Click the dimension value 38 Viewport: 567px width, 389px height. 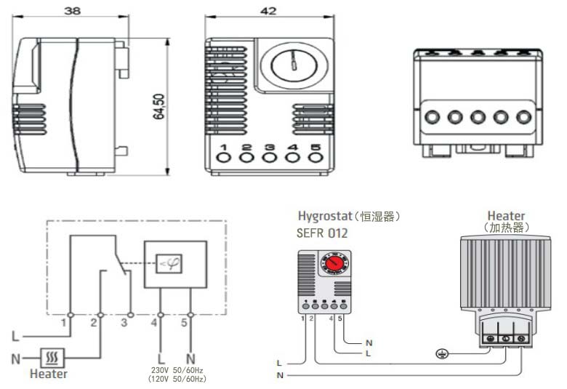coord(71,12)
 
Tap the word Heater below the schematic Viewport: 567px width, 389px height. coord(49,374)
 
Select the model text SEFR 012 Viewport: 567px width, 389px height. coord(323,233)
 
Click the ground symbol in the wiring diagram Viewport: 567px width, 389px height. coord(438,354)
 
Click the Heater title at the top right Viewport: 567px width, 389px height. coord(507,216)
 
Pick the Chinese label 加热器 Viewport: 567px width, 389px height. coord(507,228)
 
